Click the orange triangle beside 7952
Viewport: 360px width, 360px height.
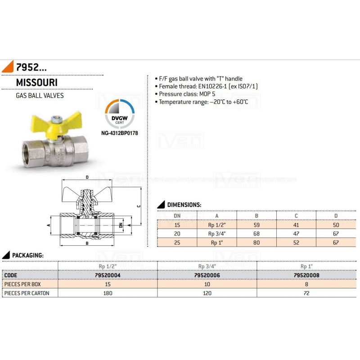[x=8, y=68]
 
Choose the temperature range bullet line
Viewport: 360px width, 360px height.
[x=203, y=102]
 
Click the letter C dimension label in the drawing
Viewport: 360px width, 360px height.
[x=139, y=206]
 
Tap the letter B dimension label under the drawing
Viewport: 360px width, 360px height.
[x=86, y=243]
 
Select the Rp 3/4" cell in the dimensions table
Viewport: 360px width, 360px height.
[x=217, y=233]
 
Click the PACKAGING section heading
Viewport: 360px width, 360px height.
[x=27, y=255]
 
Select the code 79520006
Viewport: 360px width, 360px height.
[x=207, y=274]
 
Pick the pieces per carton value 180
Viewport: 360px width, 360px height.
[x=108, y=293]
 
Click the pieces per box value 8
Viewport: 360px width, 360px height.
[x=306, y=284]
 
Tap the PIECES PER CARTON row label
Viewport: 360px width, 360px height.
[x=27, y=293]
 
